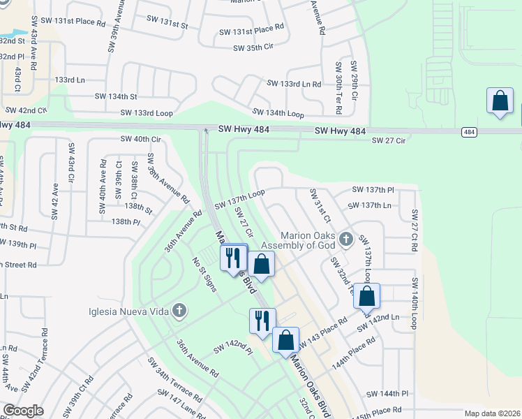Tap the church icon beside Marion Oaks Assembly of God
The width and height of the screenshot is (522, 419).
345,240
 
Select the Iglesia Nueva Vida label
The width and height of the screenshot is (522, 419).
129,311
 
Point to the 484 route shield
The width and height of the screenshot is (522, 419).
469,132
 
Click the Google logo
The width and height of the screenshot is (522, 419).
23,411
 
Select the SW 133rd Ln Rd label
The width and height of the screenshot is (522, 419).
294,84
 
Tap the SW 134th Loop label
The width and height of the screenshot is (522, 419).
278,113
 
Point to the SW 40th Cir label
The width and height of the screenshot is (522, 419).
140,140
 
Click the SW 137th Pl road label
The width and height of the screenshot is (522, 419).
373,190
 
